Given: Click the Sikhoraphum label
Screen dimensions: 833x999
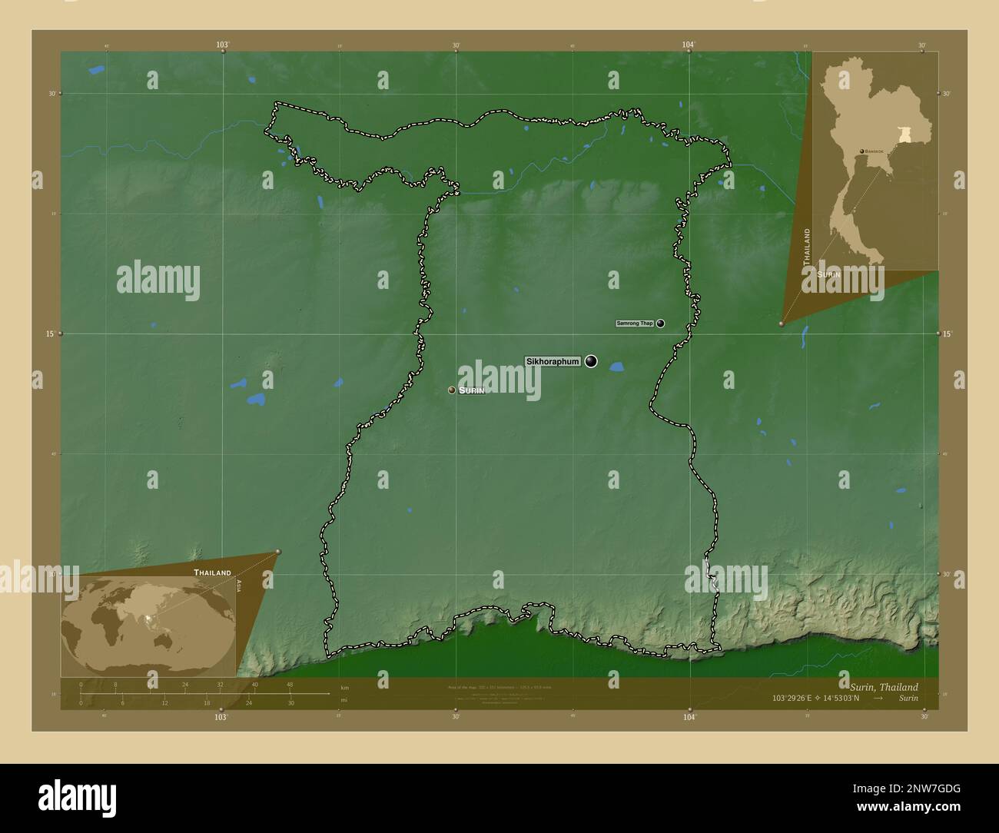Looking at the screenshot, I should pyautogui.click(x=553, y=361).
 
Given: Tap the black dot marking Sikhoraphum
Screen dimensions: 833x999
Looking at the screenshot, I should pyautogui.click(x=591, y=361).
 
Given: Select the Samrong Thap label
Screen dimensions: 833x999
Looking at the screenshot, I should pyautogui.click(x=635, y=324).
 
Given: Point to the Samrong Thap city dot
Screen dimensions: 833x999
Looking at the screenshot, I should pyautogui.click(x=660, y=324).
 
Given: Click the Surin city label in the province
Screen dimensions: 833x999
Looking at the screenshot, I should pyautogui.click(x=472, y=390).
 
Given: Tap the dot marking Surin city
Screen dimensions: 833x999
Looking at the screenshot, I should pyautogui.click(x=452, y=390).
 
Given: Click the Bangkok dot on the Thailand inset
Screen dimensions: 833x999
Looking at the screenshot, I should pyautogui.click(x=861, y=151).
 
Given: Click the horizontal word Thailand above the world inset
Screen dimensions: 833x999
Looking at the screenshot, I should pyautogui.click(x=212, y=572).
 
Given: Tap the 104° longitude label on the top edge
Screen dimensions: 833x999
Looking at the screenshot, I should pyautogui.click(x=689, y=45).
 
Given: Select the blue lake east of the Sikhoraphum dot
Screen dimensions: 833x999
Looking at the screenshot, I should pyautogui.click(x=616, y=367).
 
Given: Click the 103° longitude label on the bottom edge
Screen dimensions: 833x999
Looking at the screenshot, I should pyautogui.click(x=221, y=716).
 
